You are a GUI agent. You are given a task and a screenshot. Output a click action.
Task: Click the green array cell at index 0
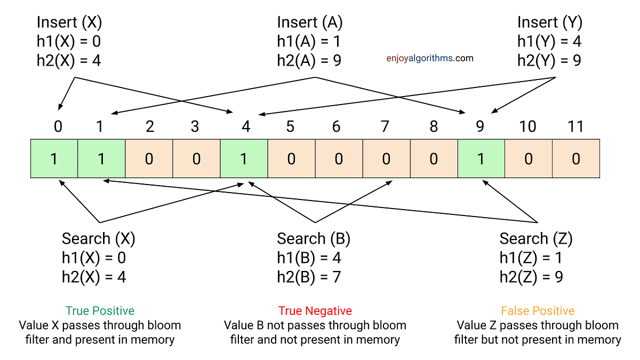(54, 159)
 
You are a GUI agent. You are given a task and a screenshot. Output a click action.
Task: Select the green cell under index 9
(481, 159)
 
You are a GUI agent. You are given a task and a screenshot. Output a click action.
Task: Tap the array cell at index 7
(386, 159)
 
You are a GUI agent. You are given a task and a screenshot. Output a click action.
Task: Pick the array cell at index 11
(576, 159)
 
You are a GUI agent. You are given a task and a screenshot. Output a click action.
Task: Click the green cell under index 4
(244, 159)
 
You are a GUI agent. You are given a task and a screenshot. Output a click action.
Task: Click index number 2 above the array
(150, 126)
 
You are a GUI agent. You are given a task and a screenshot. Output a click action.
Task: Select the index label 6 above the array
(336, 126)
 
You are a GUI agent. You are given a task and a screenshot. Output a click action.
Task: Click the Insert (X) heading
(69, 22)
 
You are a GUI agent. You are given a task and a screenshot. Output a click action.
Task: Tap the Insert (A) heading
(310, 22)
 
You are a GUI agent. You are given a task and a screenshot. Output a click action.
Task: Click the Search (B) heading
(314, 238)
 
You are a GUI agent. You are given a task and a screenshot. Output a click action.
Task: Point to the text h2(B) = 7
(309, 277)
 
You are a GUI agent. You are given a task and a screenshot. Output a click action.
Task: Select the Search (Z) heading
(536, 238)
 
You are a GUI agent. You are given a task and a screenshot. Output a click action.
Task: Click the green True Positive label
(100, 310)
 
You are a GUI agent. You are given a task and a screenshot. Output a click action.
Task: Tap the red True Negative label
(315, 310)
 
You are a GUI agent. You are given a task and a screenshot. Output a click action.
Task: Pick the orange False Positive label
(538, 310)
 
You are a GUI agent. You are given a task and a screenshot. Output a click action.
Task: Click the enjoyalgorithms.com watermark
(430, 58)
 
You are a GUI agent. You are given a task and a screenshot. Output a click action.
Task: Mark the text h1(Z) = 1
(531, 258)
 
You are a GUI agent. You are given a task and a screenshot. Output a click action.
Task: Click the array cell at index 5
(291, 159)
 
